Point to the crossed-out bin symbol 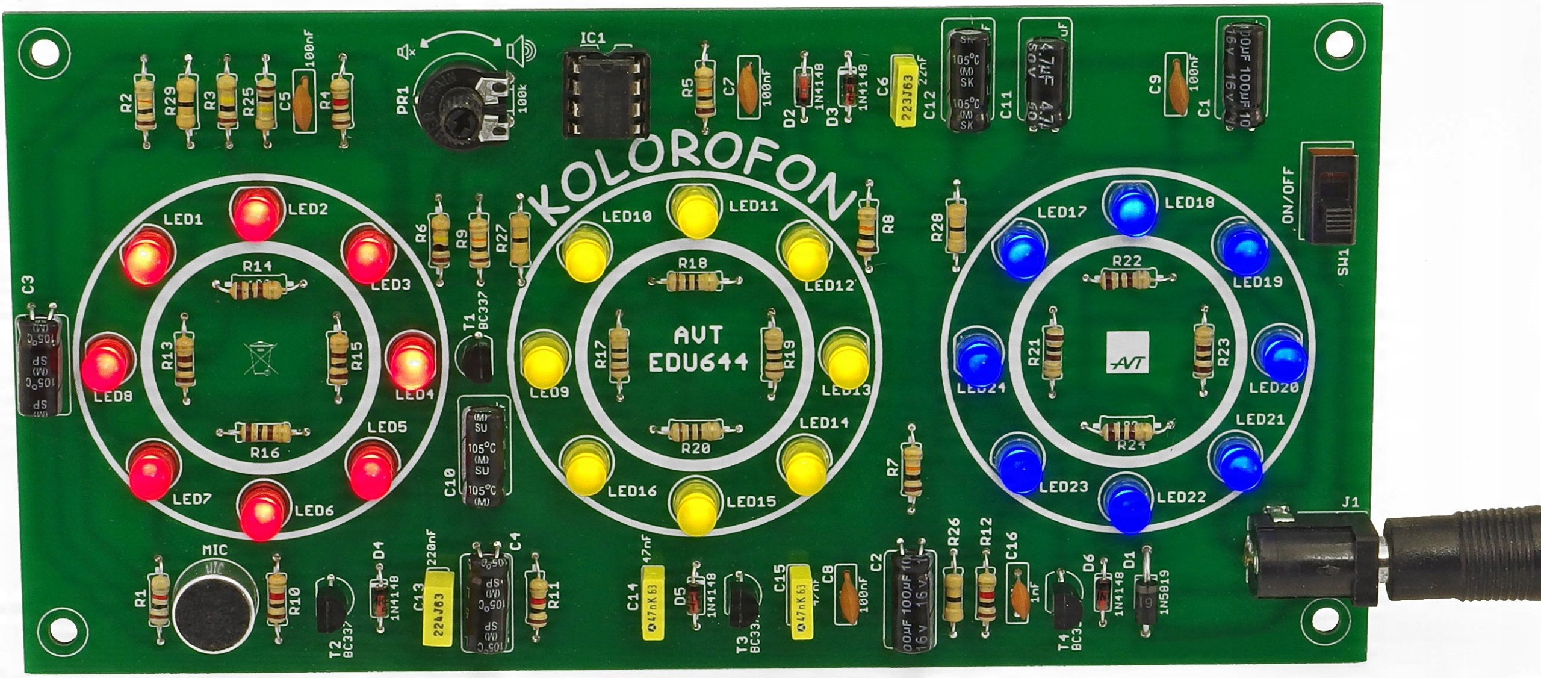pyautogui.click(x=261, y=358)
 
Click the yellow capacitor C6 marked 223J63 pyautogui.click(x=907, y=90)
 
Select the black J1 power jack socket pyautogui.click(x=1312, y=557)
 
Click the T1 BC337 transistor pyautogui.click(x=476, y=358)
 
